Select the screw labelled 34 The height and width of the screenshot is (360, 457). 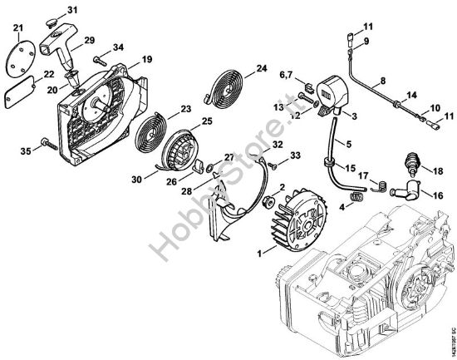pyautogui.click(x=99, y=60)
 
